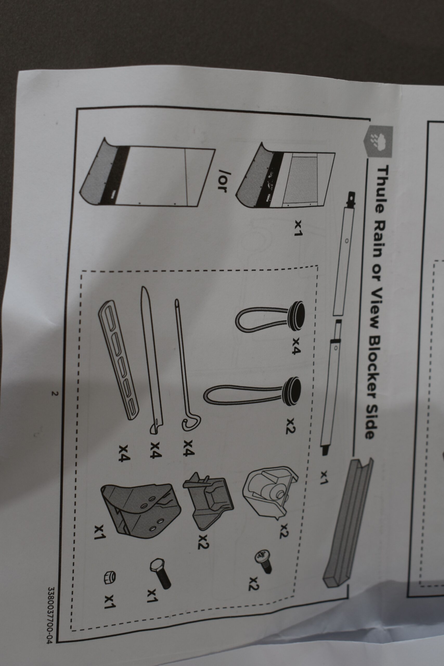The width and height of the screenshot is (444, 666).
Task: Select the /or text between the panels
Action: coord(222,180)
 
